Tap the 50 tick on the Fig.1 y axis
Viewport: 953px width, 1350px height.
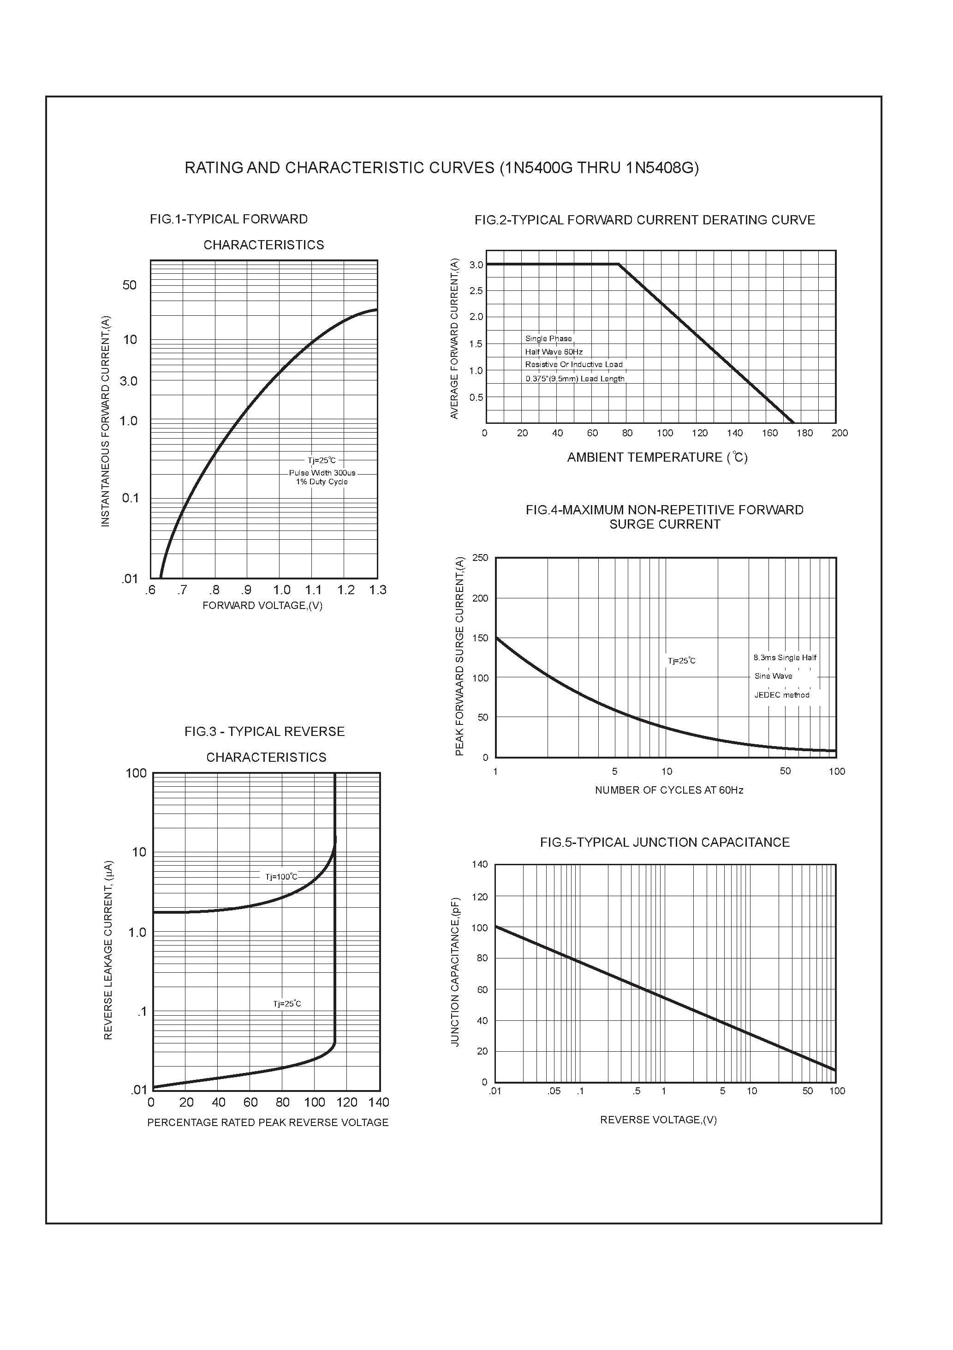point(129,285)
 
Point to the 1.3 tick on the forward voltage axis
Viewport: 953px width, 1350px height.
point(378,590)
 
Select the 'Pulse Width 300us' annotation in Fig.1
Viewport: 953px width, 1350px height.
point(322,473)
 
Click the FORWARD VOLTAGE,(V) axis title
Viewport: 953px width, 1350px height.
point(262,606)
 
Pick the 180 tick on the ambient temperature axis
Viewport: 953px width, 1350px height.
point(804,434)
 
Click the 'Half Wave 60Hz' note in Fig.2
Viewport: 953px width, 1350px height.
point(554,352)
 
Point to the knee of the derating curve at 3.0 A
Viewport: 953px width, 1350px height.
point(619,264)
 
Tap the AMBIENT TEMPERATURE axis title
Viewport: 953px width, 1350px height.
point(657,458)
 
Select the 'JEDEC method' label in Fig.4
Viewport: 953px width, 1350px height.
point(781,695)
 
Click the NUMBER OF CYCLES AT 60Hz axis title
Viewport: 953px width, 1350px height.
point(669,790)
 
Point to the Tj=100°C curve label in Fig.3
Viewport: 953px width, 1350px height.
point(281,877)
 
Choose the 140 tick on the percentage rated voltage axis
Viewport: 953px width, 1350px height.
point(379,1103)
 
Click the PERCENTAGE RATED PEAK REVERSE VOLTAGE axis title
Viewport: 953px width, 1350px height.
point(268,1122)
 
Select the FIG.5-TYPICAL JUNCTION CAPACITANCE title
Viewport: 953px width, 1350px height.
point(665,843)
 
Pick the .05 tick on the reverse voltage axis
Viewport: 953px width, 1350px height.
point(554,1091)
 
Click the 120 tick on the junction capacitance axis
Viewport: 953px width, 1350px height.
point(480,897)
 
